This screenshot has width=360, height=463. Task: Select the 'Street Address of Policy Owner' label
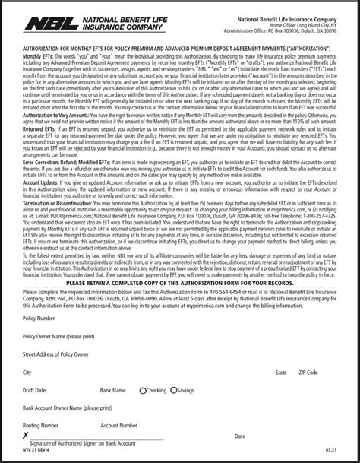coord(55,354)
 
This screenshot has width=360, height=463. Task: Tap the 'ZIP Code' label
coord(308,373)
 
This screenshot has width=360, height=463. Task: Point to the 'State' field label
coord(281,373)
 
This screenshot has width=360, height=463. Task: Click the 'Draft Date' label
coord(35,391)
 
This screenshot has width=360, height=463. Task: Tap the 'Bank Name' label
coord(112,391)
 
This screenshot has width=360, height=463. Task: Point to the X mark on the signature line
coord(26,436)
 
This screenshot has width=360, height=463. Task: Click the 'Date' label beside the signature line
coord(240,436)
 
